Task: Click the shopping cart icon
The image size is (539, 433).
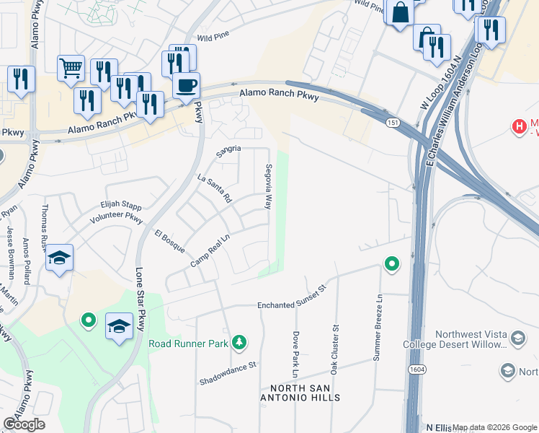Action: coord(71,69)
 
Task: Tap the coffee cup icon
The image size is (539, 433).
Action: coord(186,86)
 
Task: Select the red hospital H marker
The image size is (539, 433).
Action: coord(518,127)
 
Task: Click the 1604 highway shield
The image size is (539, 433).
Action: coord(417,369)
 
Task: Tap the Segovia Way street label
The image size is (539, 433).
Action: coord(267,190)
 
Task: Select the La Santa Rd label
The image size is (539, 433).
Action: coord(215,188)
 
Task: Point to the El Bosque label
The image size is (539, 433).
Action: coord(169,241)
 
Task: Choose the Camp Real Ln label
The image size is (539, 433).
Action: coord(210,250)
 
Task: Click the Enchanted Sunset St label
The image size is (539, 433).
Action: coord(293,306)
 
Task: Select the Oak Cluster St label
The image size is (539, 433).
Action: coord(334,349)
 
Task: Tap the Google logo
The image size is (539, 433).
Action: coord(24,424)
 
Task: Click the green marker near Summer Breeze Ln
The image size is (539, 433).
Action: coord(391,264)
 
